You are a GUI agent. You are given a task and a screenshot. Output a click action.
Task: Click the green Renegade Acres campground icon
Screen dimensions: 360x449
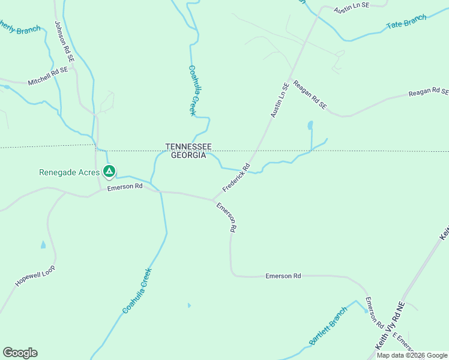tap(109, 172)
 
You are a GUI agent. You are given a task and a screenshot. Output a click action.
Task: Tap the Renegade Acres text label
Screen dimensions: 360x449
tap(69, 172)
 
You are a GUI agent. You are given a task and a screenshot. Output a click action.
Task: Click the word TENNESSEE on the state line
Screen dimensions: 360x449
tap(188, 146)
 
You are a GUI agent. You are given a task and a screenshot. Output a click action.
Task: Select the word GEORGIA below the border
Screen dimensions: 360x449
tap(188, 155)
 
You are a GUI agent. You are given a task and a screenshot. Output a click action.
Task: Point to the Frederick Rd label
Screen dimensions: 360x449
tap(236, 178)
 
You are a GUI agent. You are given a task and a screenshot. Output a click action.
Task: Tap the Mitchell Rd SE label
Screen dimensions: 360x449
tap(49, 76)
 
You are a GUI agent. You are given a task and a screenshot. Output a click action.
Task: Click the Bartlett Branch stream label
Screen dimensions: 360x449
tap(328, 326)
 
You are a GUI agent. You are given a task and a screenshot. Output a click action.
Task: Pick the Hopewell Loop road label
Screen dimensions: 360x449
tap(35, 275)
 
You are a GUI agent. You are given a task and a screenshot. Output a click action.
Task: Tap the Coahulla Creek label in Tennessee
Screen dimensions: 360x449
tap(193, 91)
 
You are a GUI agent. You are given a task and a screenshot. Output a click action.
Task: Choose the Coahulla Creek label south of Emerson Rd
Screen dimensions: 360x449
tap(137, 290)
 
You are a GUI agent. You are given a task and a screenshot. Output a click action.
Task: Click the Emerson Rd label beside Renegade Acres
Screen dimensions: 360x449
tap(124, 187)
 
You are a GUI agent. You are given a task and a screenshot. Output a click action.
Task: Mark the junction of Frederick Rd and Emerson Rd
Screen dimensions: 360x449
tap(213, 200)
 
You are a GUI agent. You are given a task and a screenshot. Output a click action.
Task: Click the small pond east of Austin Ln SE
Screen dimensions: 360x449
tap(310, 125)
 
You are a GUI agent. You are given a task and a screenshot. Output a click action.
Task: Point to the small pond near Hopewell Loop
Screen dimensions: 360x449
tap(43, 245)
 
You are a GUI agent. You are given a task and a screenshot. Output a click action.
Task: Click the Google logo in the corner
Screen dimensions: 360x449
tap(20, 353)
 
